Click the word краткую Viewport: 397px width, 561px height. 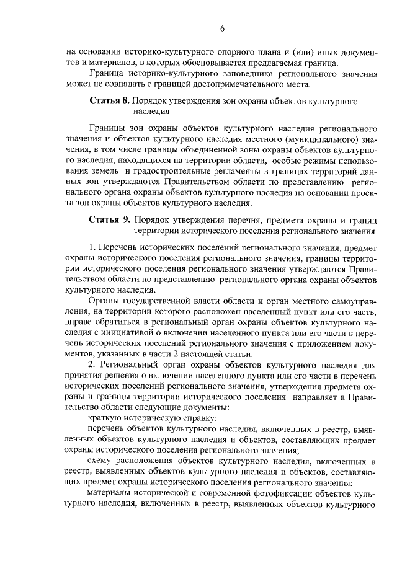click(x=102, y=418)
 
